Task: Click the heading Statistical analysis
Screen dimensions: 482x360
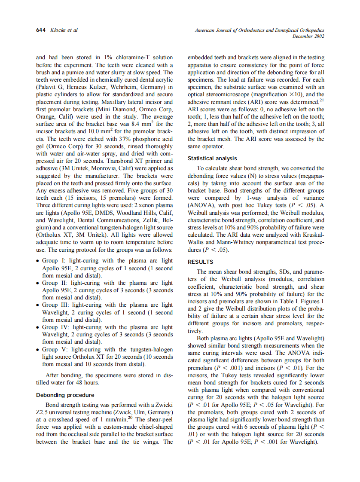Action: (x=212, y=159)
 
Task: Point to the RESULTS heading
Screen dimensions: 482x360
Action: (x=200, y=262)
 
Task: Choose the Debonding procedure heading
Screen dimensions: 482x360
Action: (x=65, y=395)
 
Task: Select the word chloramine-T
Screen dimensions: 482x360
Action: (x=123, y=57)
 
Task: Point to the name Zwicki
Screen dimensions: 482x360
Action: (x=163, y=405)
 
